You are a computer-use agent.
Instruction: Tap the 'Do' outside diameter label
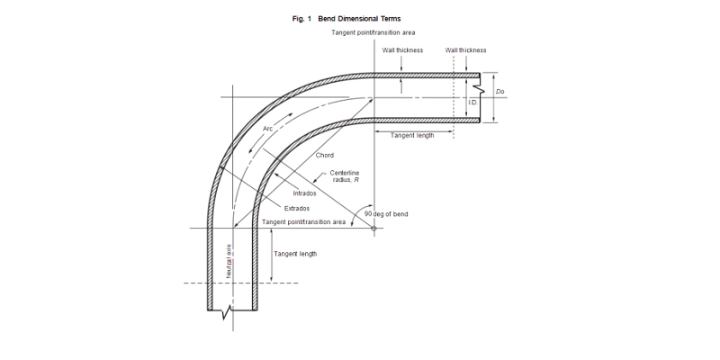pyautogui.click(x=499, y=91)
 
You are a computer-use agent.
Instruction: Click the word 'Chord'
pyautogui.click(x=325, y=155)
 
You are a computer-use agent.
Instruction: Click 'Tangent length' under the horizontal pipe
pyautogui.click(x=412, y=136)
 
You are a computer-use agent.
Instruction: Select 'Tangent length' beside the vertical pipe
pyautogui.click(x=295, y=255)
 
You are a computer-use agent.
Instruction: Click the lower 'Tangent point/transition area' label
pyautogui.click(x=303, y=221)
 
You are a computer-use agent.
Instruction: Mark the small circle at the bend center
pyautogui.click(x=373, y=229)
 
